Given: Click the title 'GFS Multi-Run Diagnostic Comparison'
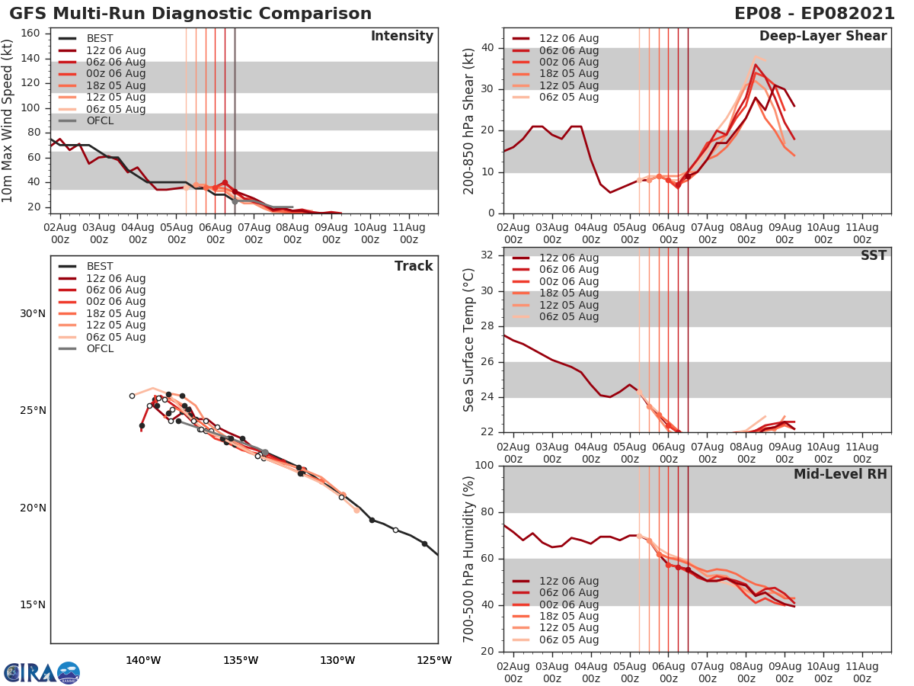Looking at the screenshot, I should tap(190, 14).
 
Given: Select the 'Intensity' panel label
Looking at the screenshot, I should tap(401, 37).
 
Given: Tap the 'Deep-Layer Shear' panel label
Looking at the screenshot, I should tap(823, 37).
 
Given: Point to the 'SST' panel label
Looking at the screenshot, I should tap(873, 255).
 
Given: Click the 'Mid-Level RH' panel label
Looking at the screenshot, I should tap(840, 474).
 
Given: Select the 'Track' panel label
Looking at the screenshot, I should tap(413, 266).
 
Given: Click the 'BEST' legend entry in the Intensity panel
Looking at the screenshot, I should tap(100, 39).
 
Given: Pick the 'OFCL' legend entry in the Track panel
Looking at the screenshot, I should tap(100, 349).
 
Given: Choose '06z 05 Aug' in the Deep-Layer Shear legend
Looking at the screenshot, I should tap(569, 98).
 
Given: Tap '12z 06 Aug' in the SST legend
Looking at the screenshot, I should tap(569, 258).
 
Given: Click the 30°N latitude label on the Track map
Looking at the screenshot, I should tap(33, 313).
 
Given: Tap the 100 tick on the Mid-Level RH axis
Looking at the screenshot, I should tap(484, 466).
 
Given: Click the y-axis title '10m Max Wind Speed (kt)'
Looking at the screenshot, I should tap(8, 120).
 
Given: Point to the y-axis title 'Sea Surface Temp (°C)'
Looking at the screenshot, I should tap(469, 339).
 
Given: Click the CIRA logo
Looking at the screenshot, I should tap(42, 673).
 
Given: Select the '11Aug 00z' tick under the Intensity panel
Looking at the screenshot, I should tap(408, 232).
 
